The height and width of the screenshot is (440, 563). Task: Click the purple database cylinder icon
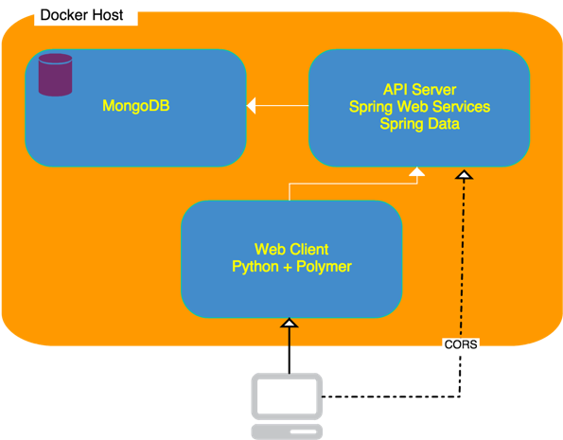coord(55,75)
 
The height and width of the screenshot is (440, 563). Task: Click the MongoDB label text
coord(134,106)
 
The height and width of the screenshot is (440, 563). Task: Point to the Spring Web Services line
coord(419,106)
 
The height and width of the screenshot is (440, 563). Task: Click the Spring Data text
coord(419,123)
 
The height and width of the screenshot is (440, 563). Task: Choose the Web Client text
coord(291,250)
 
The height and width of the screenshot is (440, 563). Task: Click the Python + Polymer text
coord(291,267)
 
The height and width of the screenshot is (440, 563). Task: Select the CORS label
coord(460,346)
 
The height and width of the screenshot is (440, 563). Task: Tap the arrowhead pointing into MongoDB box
coord(252,105)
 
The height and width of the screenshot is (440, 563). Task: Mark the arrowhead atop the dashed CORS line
coord(464,175)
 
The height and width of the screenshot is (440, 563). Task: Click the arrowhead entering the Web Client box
coord(290,324)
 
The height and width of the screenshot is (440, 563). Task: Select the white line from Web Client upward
coord(289,192)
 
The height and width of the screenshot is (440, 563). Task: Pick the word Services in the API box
coord(460,106)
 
